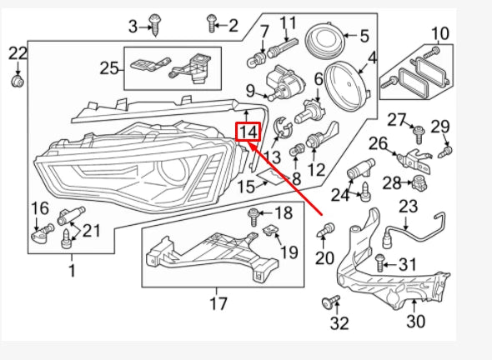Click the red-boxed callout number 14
point(249,132)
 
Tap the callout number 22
point(18,55)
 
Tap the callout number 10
point(439,34)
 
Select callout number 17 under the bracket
point(218,303)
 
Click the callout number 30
point(414,321)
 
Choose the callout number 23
point(407,207)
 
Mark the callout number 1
point(71,270)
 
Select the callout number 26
point(379,143)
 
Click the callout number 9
point(249,91)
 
